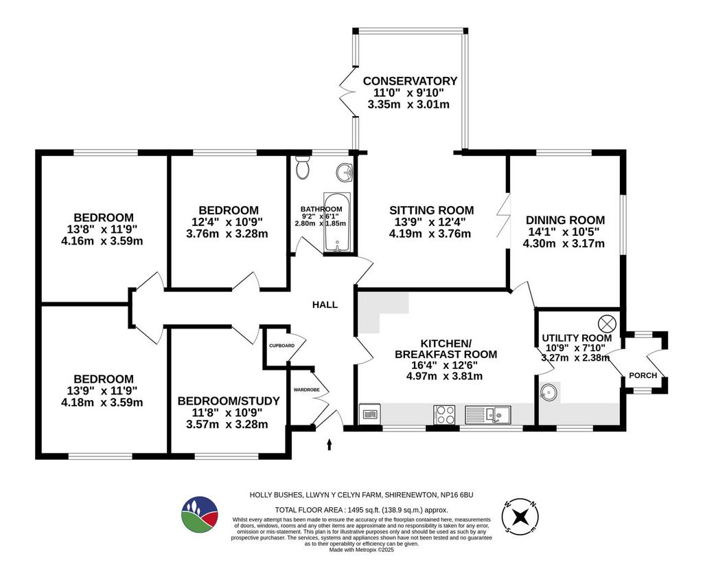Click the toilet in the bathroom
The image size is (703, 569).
tap(303, 168)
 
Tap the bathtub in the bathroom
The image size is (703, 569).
tap(337, 223)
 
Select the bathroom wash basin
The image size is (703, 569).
tap(345, 172)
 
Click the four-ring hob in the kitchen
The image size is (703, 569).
tap(444, 414)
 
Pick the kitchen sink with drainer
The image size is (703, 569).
tap(488, 414)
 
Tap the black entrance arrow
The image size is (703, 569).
tap(330, 444)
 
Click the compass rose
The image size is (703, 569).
tap(520, 517)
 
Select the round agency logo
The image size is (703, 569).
tap(200, 514)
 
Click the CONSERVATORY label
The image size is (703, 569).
tap(410, 81)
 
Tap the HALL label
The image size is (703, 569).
tap(325, 304)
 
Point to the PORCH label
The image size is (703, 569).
tap(643, 375)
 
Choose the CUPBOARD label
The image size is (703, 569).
tap(281, 346)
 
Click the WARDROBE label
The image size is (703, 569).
tap(307, 390)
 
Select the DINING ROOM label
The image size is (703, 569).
tap(565, 220)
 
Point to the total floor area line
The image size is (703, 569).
tap(361, 510)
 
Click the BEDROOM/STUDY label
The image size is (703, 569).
tap(229, 400)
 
